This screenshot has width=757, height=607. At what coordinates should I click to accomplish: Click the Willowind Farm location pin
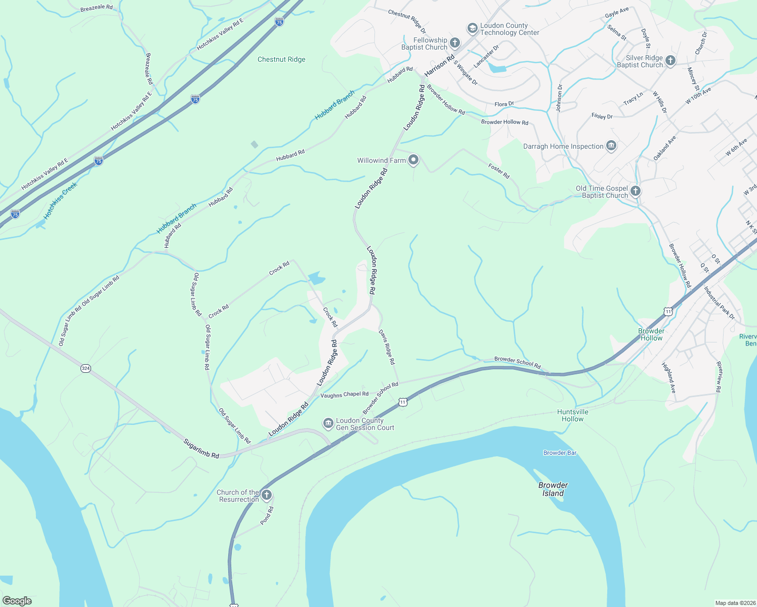click(413, 160)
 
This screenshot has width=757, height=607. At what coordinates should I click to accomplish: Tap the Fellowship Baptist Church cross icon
click(455, 43)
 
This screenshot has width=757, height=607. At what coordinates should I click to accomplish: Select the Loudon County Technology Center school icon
click(472, 28)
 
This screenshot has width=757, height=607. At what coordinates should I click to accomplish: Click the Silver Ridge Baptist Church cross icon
click(670, 61)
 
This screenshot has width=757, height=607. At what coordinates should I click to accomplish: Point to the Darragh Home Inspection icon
click(611, 146)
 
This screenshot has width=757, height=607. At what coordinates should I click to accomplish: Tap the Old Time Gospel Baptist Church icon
click(636, 191)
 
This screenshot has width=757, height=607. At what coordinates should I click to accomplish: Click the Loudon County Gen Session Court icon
click(328, 423)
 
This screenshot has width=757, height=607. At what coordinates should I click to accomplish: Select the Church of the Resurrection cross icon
click(267, 495)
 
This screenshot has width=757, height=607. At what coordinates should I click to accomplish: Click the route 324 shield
click(86, 368)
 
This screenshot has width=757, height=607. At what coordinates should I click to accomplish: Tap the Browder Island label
click(553, 489)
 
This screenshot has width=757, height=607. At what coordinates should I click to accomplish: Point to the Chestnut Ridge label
click(281, 59)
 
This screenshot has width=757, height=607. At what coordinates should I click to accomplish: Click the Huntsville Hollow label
click(573, 415)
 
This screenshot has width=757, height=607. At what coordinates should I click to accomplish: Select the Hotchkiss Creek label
click(60, 201)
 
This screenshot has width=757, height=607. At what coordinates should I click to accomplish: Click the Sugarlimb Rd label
click(201, 449)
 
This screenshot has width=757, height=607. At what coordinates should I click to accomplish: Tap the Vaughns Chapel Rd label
click(345, 395)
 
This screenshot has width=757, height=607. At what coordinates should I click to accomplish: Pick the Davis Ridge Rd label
click(387, 348)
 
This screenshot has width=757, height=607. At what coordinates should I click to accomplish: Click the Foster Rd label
click(499, 170)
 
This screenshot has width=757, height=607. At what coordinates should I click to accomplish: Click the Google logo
click(17, 601)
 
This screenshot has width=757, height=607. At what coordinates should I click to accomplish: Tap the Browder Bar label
click(560, 453)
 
